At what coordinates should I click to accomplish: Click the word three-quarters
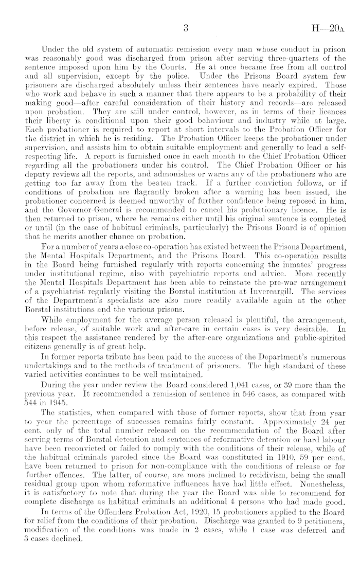pyautogui.click(x=285, y=58)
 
